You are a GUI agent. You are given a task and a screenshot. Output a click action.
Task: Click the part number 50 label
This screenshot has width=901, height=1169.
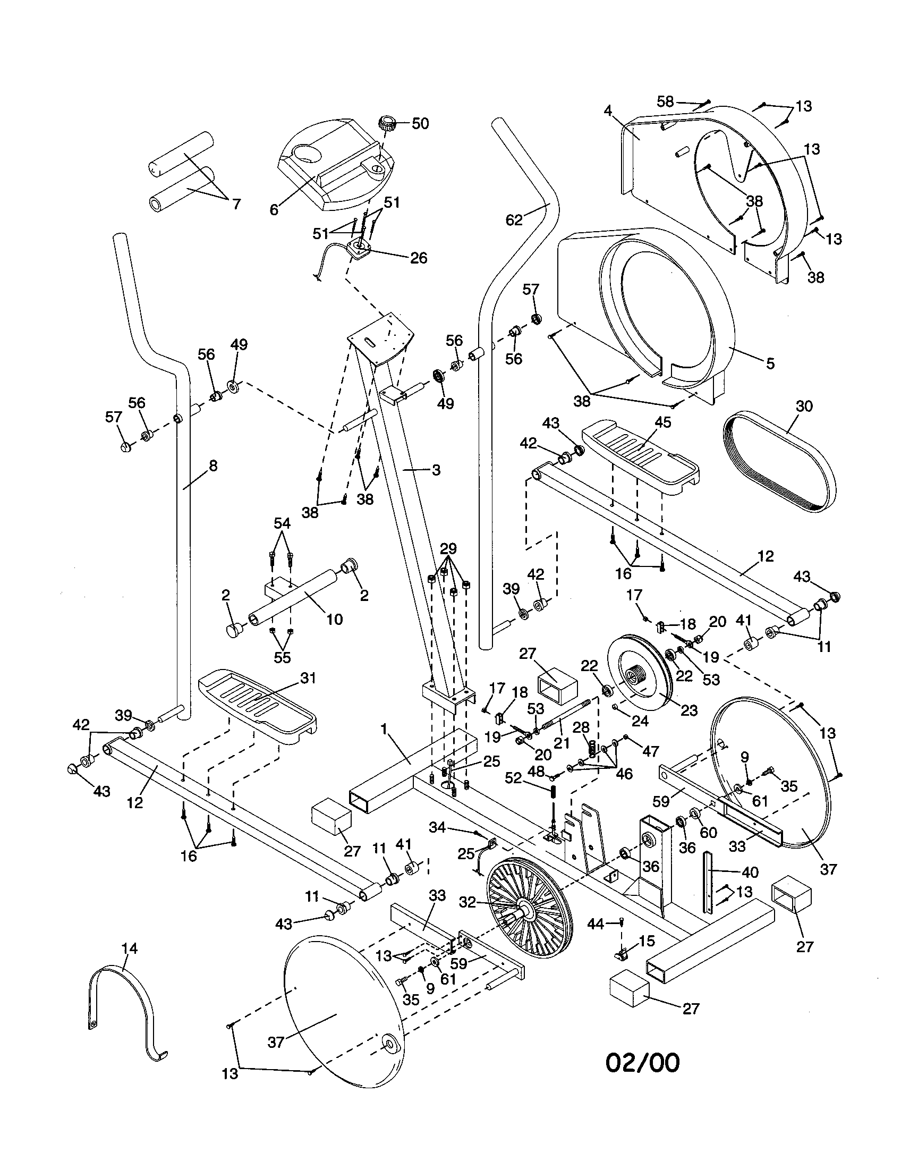click(x=420, y=124)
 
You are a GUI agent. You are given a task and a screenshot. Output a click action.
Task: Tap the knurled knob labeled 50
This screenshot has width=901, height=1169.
click(x=386, y=125)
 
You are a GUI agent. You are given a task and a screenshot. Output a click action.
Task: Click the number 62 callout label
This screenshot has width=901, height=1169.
click(x=514, y=219)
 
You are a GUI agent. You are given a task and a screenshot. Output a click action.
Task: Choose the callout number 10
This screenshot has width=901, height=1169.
click(x=334, y=619)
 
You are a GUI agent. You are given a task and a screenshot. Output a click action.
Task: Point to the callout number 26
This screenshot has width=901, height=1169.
click(x=419, y=258)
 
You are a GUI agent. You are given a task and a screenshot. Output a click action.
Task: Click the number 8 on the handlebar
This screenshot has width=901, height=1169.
click(x=213, y=465)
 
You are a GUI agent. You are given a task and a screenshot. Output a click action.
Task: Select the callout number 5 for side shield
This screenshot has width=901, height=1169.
click(x=770, y=363)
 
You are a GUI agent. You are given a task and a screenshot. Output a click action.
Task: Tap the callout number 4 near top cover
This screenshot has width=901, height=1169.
click(x=607, y=111)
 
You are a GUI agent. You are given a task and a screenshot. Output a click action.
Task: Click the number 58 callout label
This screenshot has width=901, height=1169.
click(x=665, y=101)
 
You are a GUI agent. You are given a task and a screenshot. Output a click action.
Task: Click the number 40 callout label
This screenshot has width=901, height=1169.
click(x=750, y=872)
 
